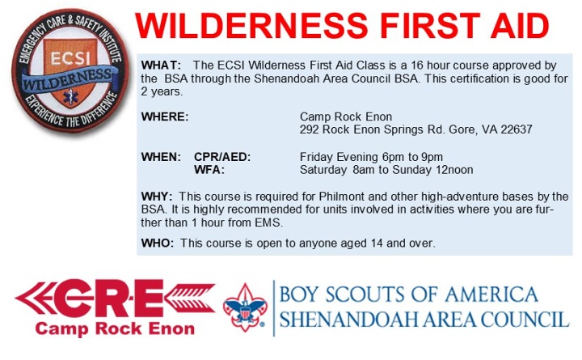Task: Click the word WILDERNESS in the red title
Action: click(x=251, y=26)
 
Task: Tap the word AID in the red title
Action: click(x=520, y=26)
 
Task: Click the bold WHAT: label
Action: click(x=161, y=65)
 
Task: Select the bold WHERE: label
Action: click(x=165, y=116)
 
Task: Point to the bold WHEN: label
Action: click(x=161, y=157)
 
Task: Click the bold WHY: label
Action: click(x=157, y=196)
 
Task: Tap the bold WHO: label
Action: click(x=158, y=243)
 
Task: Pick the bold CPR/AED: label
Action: click(x=222, y=157)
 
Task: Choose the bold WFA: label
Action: click(x=209, y=170)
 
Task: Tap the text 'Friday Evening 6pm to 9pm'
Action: click(x=371, y=157)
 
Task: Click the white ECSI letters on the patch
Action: click(x=70, y=58)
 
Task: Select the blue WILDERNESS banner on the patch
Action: click(x=68, y=79)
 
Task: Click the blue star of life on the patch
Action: click(x=70, y=96)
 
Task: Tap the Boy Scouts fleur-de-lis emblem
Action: click(x=245, y=307)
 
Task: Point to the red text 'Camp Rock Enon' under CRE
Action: click(x=115, y=328)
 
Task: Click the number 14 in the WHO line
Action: click(x=377, y=243)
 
